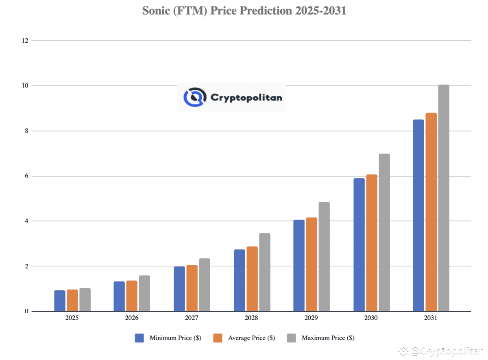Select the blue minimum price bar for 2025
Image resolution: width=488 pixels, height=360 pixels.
point(60,301)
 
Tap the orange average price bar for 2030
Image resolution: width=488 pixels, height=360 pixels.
point(371,243)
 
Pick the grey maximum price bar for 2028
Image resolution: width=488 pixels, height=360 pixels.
point(265,272)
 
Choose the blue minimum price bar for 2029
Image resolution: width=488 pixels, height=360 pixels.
point(299,266)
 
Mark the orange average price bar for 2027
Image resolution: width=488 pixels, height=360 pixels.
point(192,288)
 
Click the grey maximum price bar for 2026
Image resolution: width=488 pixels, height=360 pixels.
point(144,293)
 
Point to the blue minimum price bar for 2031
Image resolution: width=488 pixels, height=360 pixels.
point(418,215)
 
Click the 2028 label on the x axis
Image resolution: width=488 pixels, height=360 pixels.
point(251,318)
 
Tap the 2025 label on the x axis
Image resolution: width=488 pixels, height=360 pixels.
point(72,318)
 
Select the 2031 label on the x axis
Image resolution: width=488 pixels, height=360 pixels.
point(431,318)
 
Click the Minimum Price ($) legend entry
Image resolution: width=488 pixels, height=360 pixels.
point(175,338)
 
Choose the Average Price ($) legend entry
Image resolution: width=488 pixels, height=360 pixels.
point(251,338)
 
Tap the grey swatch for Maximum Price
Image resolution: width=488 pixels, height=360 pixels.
point(291,338)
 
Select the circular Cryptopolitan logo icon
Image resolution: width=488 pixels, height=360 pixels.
point(194,97)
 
